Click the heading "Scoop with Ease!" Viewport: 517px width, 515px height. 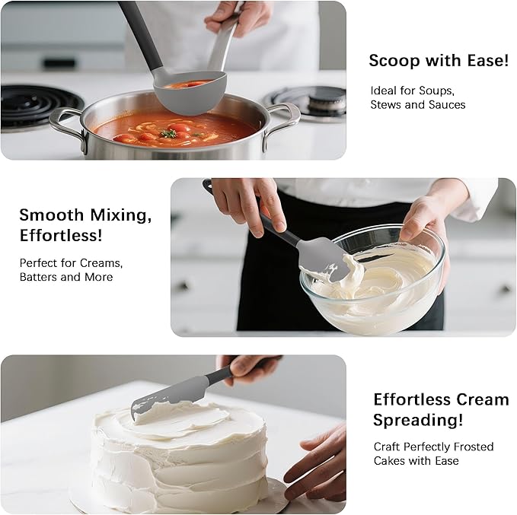(x=439, y=61)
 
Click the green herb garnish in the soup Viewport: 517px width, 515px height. (x=168, y=133)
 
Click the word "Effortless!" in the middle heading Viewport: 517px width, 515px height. (x=61, y=235)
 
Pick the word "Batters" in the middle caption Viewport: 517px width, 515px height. (x=40, y=277)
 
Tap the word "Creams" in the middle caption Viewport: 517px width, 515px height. (x=101, y=262)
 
